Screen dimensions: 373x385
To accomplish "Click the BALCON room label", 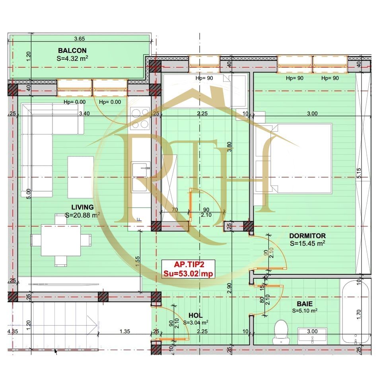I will (x=72, y=51).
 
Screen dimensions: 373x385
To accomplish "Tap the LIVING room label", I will (x=82, y=207).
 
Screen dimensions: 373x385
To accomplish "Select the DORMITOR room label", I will (x=307, y=236).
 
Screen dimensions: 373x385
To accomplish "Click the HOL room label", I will (x=195, y=316).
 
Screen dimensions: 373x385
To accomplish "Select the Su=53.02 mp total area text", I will (x=188, y=273).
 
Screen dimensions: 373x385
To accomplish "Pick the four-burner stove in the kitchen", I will (x=140, y=119).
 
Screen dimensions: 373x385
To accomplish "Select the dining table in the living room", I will (x=61, y=240).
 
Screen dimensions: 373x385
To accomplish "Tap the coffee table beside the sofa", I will (x=81, y=177).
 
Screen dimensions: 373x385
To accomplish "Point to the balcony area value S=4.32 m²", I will (x=72, y=58).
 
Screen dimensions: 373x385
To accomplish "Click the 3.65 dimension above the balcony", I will (x=80, y=39).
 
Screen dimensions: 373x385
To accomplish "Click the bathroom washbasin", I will (x=313, y=336).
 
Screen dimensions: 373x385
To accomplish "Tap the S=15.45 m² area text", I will (x=307, y=243).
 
